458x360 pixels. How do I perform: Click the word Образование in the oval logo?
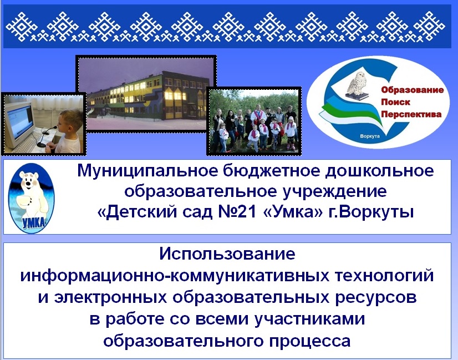click(x=412, y=90)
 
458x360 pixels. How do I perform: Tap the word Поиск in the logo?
click(x=395, y=102)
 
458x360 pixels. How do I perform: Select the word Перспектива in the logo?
click(x=411, y=114)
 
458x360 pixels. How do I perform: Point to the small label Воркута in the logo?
click(x=370, y=136)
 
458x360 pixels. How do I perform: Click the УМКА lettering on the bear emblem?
click(x=34, y=222)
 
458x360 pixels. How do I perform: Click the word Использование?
click(x=227, y=253)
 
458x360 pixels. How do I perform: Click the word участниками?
click(x=310, y=320)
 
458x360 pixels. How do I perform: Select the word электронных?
click(x=111, y=297)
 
